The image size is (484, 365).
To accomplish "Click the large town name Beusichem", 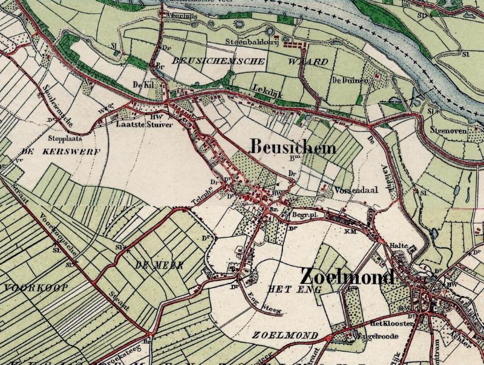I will [284, 147].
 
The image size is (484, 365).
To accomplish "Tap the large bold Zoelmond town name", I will [347, 277].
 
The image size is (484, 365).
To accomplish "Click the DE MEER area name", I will [151, 265].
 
